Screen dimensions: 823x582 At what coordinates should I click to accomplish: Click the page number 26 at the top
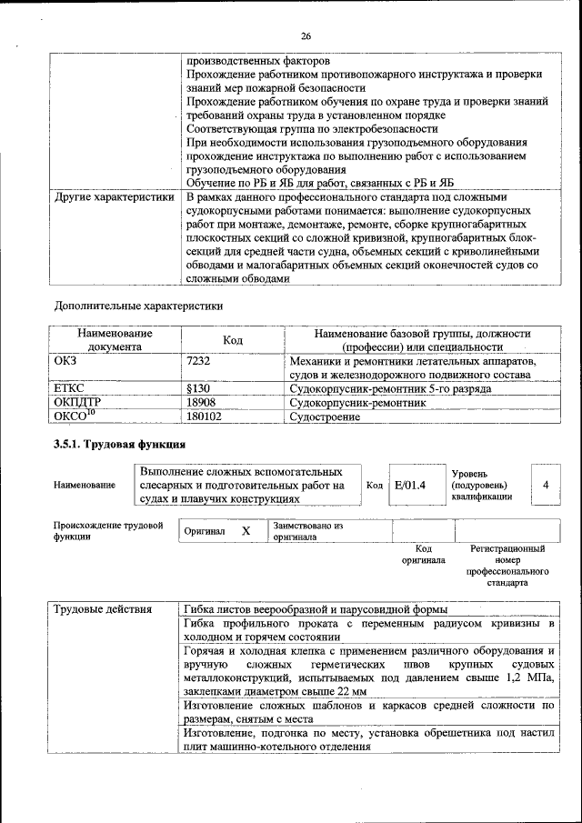pos(306,36)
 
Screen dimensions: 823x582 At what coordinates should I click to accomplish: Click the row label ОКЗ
pos(68,362)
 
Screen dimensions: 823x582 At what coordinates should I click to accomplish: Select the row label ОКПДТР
pos(78,402)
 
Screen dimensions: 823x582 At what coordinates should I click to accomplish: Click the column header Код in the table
pos(233,339)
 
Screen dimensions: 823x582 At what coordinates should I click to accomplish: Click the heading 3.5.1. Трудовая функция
pos(120,445)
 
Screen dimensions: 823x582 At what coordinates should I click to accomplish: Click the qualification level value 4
pos(545,486)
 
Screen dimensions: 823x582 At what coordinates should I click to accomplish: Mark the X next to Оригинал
pos(246,531)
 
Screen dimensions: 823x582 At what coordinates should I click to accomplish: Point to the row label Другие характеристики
pos(114,197)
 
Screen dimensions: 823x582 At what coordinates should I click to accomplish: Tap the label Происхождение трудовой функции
pos(107,531)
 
